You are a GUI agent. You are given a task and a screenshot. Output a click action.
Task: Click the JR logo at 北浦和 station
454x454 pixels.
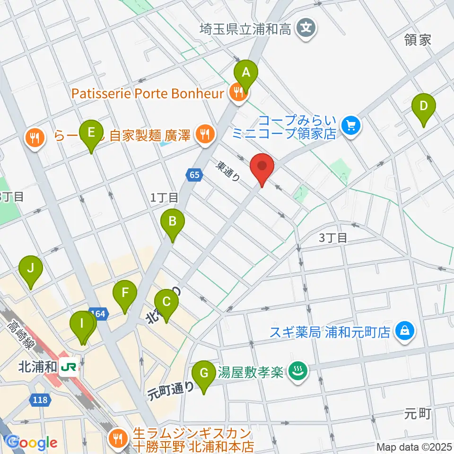pyautogui.click(x=70, y=367)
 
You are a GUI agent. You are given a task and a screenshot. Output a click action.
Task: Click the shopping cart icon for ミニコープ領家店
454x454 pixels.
pyautogui.click(x=351, y=125)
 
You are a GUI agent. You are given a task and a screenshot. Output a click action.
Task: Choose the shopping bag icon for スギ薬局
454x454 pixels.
pyautogui.click(x=405, y=330)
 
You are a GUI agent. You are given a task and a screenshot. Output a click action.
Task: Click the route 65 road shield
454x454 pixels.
pyautogui.click(x=193, y=175)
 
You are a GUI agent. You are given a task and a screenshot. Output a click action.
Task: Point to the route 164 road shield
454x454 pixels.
pyautogui.click(x=97, y=313)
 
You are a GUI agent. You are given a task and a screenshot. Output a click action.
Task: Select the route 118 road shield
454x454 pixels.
pyautogui.click(x=40, y=400)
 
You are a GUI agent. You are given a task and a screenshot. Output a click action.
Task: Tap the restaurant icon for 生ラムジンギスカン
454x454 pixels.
pyautogui.click(x=117, y=437)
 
